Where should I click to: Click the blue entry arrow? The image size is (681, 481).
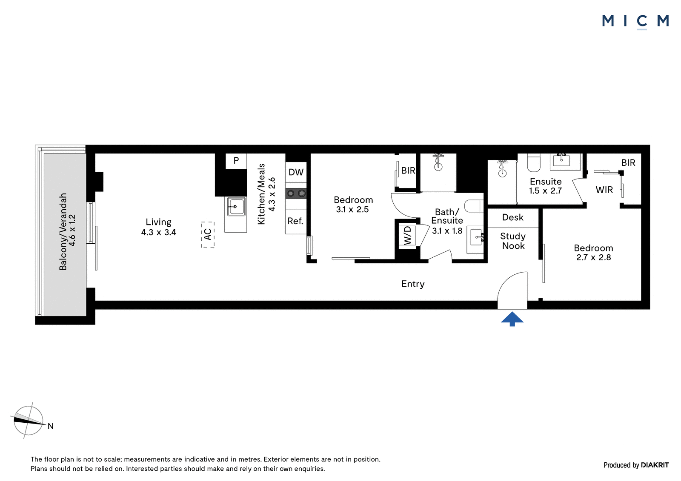click(x=512, y=319)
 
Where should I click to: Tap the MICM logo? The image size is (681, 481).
click(x=636, y=22)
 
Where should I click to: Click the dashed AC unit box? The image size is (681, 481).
click(x=208, y=235)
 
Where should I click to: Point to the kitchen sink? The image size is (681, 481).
click(x=236, y=207)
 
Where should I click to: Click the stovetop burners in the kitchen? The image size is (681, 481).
click(x=296, y=193)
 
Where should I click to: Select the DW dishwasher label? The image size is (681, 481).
click(x=296, y=172)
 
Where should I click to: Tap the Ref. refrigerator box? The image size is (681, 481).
click(x=296, y=222)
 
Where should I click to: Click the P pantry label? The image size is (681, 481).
click(x=236, y=160)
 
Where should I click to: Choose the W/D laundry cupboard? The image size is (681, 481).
click(x=407, y=236)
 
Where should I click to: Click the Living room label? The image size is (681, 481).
click(x=158, y=227)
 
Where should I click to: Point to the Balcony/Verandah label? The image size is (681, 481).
click(x=67, y=231)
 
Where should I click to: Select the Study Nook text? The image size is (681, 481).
click(x=513, y=241)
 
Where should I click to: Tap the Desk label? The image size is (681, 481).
click(x=513, y=217)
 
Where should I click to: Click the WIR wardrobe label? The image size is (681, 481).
click(x=604, y=190)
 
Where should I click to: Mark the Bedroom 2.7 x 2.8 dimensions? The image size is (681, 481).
click(x=593, y=258)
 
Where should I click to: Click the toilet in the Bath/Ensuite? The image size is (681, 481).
click(x=474, y=206)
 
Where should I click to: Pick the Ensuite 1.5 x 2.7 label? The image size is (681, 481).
click(x=545, y=186)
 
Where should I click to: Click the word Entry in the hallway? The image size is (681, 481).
click(x=413, y=284)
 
